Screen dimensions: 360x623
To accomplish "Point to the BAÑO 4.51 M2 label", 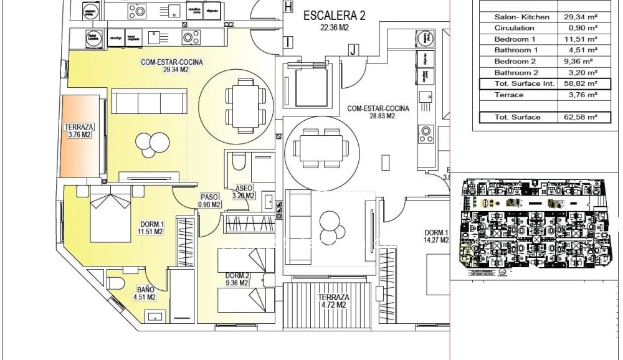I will (x=146, y=293).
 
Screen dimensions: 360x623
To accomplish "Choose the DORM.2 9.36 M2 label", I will (x=237, y=279).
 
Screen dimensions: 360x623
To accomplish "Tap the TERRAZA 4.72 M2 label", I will (x=331, y=301).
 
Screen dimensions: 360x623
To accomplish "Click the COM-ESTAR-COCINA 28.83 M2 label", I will (x=378, y=112).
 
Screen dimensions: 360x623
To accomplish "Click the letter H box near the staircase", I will (x=287, y=7).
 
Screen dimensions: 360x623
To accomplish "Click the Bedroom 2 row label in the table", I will (x=515, y=62).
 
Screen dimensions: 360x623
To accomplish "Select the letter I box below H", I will (x=288, y=42).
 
